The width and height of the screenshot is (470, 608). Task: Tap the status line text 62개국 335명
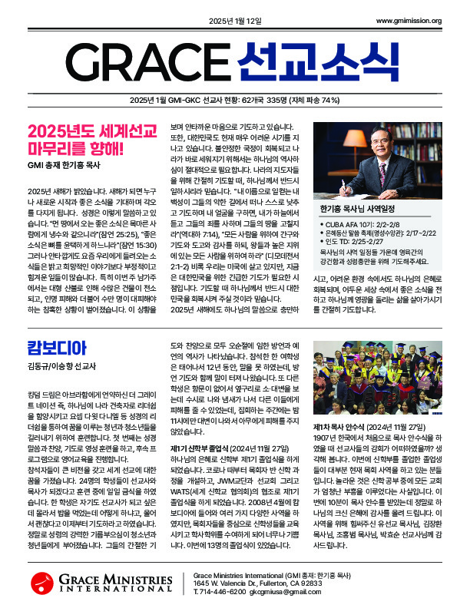pos(271,101)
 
